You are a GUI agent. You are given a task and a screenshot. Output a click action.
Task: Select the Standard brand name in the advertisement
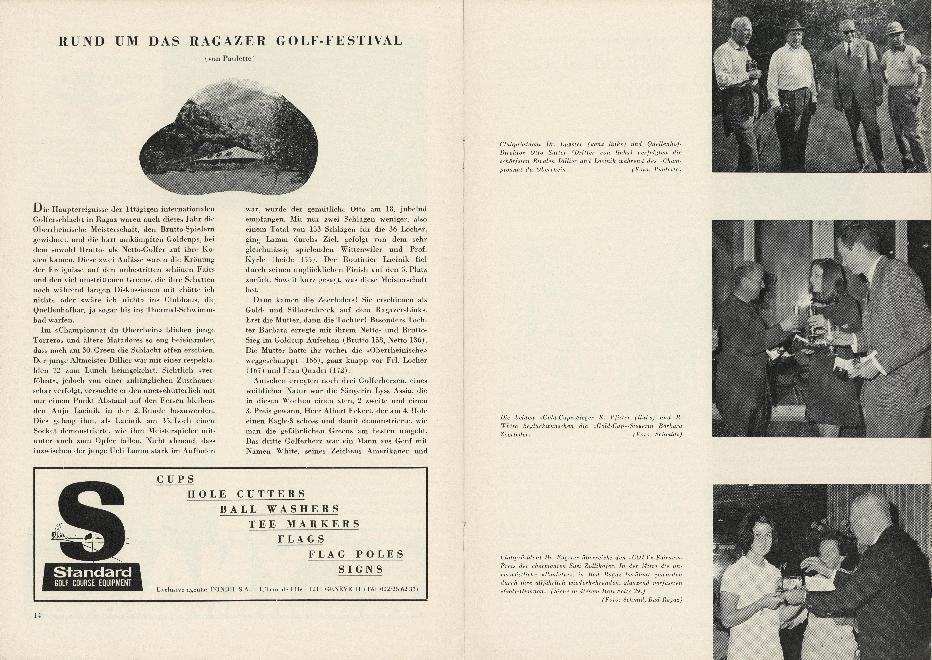tap(93, 572)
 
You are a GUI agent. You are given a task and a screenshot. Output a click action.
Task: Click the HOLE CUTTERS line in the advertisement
tap(246, 494)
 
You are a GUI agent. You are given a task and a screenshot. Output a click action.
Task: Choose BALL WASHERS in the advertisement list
tap(280, 509)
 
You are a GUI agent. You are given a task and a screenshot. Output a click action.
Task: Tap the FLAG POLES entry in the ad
tap(356, 554)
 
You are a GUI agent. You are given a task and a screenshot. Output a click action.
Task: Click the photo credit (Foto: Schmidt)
tap(657, 434)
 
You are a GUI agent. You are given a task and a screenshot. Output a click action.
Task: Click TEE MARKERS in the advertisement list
tap(304, 524)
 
